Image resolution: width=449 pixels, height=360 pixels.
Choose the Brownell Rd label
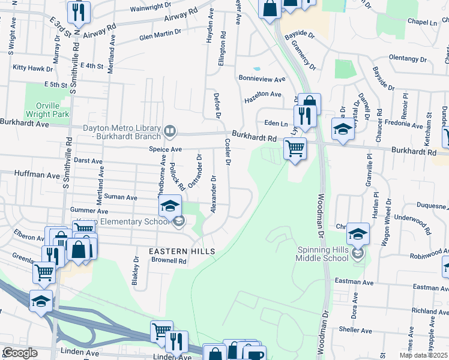point(169,261)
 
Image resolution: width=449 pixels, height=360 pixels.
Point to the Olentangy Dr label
point(407,59)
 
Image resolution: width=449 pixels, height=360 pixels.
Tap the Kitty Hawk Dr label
point(30,68)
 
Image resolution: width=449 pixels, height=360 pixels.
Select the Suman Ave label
point(121,196)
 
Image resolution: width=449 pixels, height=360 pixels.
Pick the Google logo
point(20,353)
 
